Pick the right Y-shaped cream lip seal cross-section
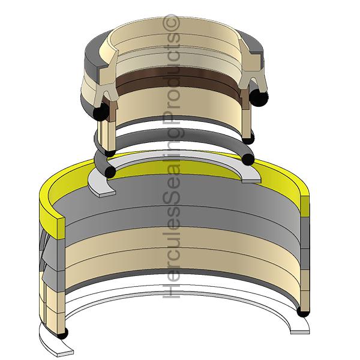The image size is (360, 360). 247,78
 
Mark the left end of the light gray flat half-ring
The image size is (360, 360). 101,187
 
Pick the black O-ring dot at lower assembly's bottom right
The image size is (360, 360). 304,312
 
